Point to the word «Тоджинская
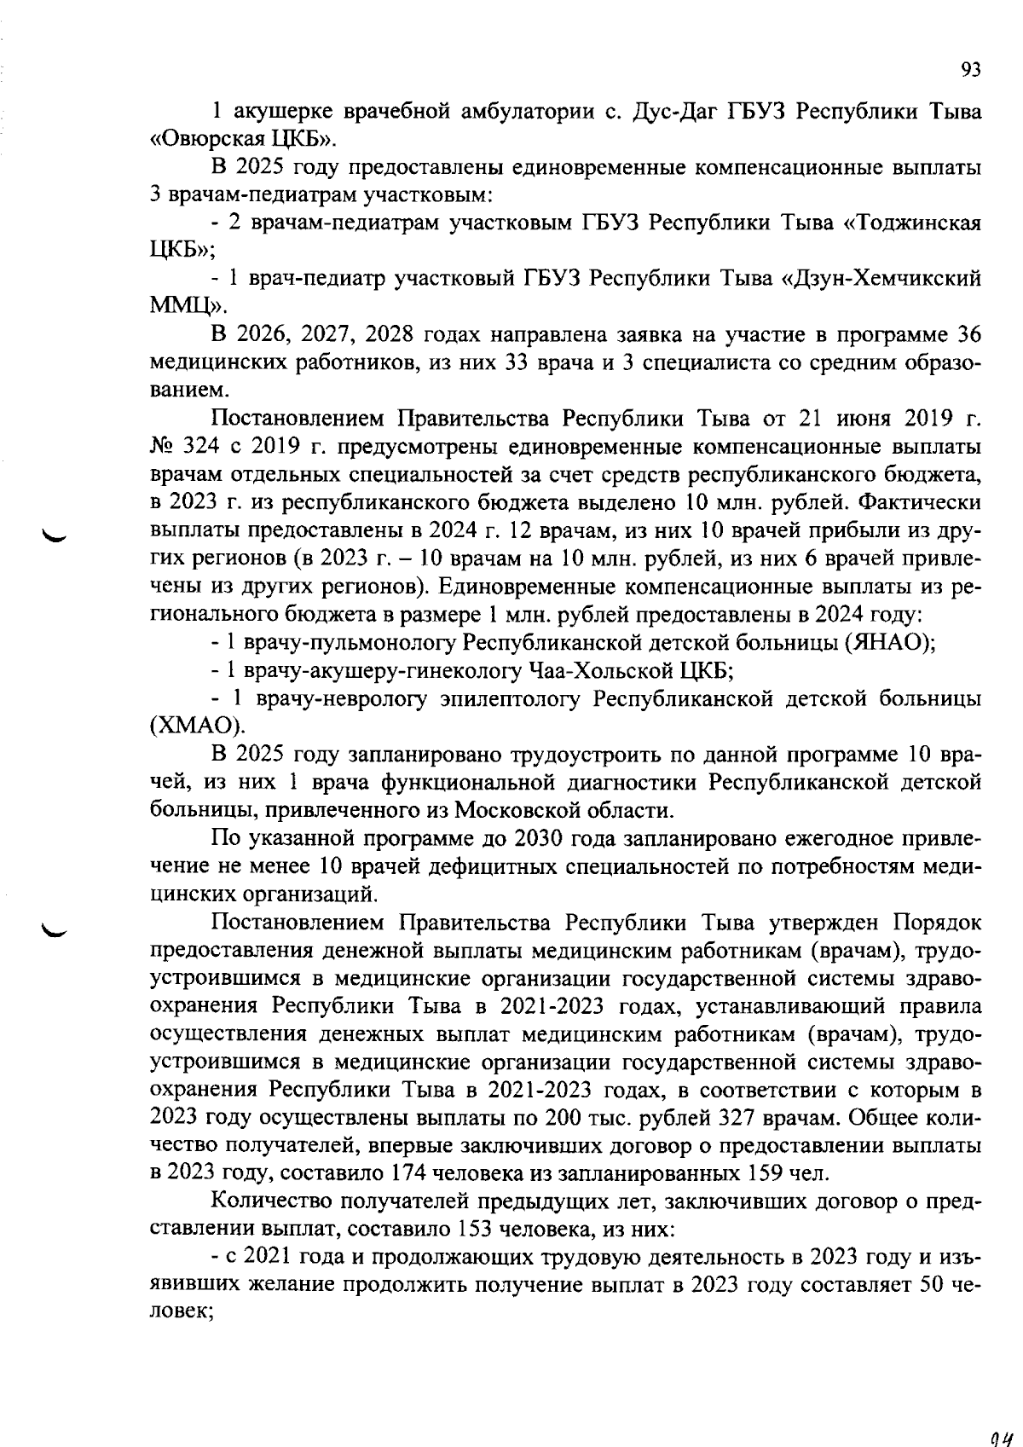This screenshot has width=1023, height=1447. point(911,223)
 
